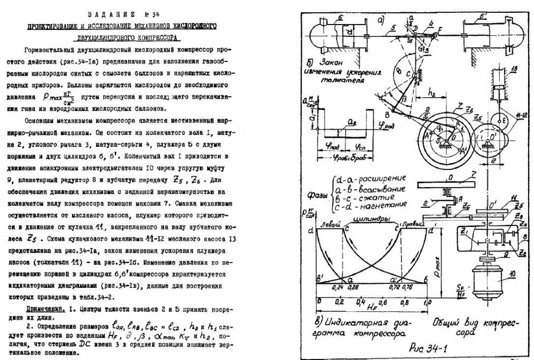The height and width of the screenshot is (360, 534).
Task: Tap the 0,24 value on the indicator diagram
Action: pyautogui.click(x=338, y=287)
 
